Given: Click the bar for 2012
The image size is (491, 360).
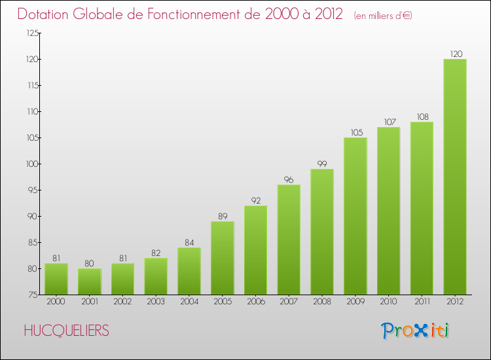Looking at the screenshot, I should (455, 177).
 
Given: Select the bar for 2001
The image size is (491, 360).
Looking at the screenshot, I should (90, 281).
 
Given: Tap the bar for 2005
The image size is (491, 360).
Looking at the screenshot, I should (223, 258).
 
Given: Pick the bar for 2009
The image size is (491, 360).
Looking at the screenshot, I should (355, 216).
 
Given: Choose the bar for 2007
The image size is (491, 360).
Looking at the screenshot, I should (289, 240).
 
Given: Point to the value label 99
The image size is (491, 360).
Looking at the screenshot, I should (322, 164).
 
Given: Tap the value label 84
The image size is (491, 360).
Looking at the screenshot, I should (189, 242).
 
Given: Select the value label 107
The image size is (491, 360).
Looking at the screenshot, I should (389, 122).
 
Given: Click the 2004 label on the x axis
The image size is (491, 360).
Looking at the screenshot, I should (189, 302).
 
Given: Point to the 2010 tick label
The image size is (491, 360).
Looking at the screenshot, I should (389, 302).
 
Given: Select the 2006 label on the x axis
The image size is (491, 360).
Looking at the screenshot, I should (255, 302).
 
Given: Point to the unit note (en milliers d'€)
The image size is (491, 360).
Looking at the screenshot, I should (383, 15).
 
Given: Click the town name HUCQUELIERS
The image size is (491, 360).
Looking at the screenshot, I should (66, 331).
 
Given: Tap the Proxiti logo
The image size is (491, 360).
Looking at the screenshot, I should (415, 331).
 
